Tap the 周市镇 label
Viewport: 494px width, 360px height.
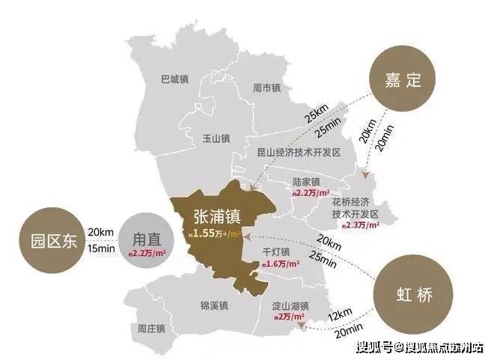266,88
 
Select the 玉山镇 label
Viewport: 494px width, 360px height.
216,138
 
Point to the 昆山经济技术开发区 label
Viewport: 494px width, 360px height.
298,152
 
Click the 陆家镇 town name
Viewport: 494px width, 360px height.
305,182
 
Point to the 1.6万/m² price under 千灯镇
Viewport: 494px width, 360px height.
280,264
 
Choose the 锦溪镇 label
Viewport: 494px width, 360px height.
205,308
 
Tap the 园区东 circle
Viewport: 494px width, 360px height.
49,241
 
